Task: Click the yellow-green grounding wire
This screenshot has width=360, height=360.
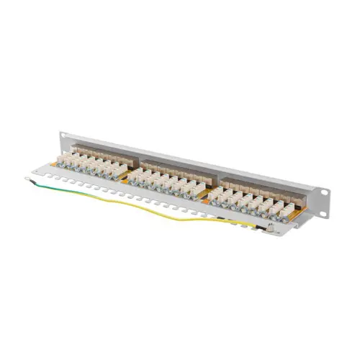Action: pos(144,209)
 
